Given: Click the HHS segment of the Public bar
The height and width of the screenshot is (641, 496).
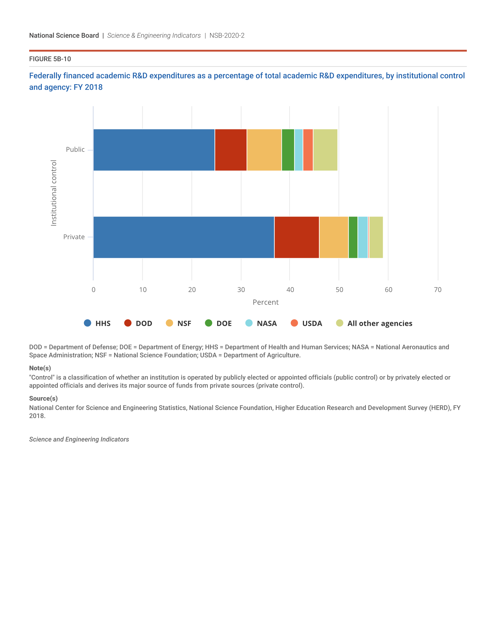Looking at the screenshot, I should (x=154, y=150).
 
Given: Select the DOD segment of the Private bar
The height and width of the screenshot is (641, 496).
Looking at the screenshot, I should (x=296, y=237).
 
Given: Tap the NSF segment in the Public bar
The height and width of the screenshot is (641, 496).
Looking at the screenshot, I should (x=264, y=150).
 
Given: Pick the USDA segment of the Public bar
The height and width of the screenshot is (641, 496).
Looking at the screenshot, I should (x=308, y=150).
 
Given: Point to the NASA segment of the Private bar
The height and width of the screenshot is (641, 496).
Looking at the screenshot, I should (x=363, y=237).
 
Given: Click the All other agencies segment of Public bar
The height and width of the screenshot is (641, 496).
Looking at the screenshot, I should (x=325, y=150).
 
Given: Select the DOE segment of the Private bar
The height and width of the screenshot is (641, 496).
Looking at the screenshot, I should (x=353, y=237).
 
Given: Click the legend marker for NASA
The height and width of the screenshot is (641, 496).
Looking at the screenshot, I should (x=249, y=323).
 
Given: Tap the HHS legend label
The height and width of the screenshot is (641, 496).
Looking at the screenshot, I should (x=103, y=323).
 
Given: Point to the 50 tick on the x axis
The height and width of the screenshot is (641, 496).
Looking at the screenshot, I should (x=339, y=290).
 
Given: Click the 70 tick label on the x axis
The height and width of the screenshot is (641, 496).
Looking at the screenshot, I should (x=438, y=290).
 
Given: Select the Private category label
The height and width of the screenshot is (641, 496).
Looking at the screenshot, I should (x=74, y=237).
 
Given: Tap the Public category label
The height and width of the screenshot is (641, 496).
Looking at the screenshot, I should (x=75, y=149).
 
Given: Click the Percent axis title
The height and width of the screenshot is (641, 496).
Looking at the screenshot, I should (x=265, y=302).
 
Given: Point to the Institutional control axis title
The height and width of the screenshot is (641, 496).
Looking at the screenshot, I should (x=53, y=193).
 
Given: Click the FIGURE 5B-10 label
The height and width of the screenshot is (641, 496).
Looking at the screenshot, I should (x=50, y=59).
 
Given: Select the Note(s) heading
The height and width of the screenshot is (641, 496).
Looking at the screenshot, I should (x=40, y=368).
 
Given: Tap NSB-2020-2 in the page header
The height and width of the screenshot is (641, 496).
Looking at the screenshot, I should (x=227, y=36).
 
